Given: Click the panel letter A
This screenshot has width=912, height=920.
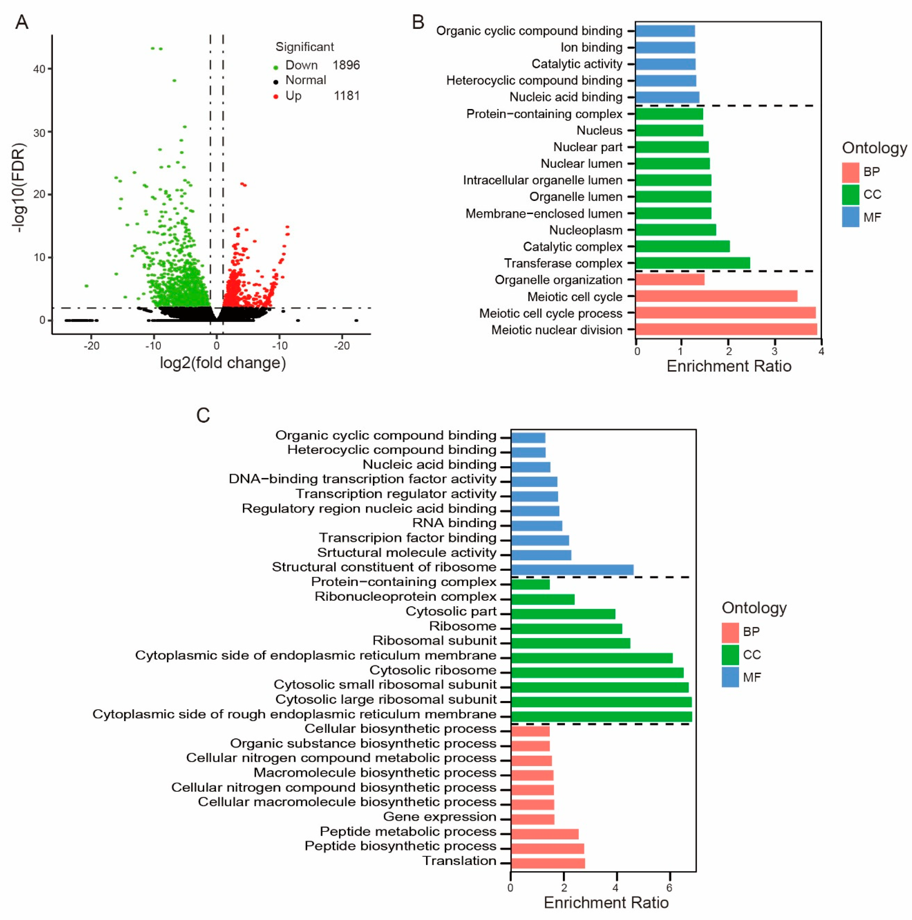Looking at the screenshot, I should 22,22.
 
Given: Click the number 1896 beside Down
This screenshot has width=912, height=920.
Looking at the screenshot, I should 346,65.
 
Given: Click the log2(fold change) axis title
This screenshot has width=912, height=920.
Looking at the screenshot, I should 223,363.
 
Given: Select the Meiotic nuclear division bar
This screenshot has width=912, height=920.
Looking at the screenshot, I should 726,329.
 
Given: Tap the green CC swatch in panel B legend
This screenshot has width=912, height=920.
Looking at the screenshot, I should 850,194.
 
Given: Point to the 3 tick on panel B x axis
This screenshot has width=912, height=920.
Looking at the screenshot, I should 775,351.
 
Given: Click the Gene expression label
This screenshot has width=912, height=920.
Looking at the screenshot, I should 440,817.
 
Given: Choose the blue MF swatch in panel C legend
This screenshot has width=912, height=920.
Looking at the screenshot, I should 730,677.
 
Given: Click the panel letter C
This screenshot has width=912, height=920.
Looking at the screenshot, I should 203,415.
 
